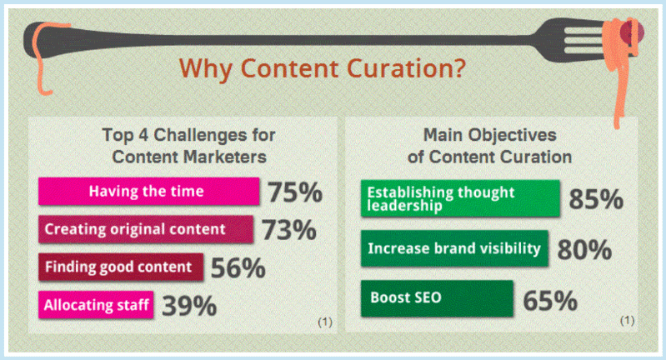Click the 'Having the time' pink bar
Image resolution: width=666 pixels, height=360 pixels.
click(x=148, y=192)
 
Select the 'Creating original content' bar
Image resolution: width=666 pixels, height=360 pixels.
click(x=146, y=229)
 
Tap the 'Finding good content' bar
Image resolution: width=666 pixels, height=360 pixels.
click(x=121, y=267)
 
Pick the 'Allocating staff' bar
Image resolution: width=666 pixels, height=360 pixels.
click(x=96, y=305)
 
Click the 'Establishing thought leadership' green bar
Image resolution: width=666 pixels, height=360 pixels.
click(x=460, y=198)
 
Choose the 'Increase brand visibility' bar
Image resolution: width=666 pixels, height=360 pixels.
click(x=454, y=248)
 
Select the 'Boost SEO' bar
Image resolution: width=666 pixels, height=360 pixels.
click(x=437, y=298)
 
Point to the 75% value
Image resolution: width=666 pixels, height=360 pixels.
click(x=295, y=192)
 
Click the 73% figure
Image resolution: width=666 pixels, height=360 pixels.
click(x=289, y=230)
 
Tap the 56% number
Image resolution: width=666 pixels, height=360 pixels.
click(x=238, y=267)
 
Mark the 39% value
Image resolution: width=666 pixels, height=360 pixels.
click(x=189, y=306)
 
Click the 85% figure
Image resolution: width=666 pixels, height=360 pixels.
click(x=596, y=199)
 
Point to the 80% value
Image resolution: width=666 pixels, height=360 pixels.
click(x=584, y=249)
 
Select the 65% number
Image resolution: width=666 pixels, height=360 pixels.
click(x=550, y=301)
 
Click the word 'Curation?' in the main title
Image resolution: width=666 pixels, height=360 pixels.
click(x=407, y=68)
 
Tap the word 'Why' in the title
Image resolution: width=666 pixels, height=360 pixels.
click(x=206, y=69)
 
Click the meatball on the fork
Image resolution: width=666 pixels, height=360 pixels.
click(x=633, y=32)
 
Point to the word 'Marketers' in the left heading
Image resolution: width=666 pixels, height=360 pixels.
click(x=225, y=157)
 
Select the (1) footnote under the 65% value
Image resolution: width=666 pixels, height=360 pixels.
click(x=627, y=320)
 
